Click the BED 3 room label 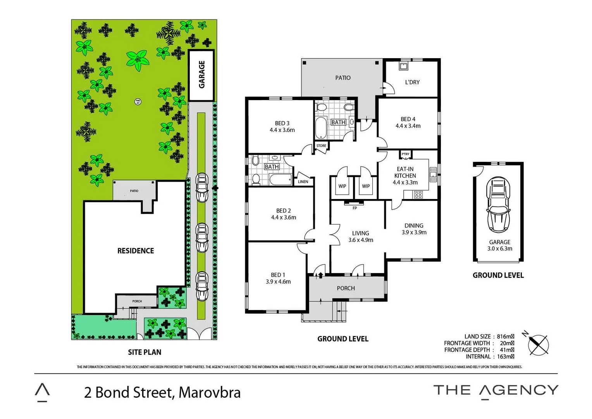coord(282,123)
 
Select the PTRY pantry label coord(405,154)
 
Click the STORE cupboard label coord(321,146)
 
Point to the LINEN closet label coord(303,182)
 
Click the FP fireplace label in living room coord(355,208)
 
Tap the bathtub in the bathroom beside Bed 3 coord(321,128)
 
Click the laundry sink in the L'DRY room coord(403,66)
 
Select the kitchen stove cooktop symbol coord(418,195)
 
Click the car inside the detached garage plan coord(498,204)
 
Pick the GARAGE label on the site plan coord(201,74)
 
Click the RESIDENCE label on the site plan coord(136,251)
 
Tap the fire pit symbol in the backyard coord(138,102)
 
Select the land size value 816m coord(505,336)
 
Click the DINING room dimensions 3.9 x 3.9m coord(414,232)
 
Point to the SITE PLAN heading coord(145,352)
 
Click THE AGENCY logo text coord(496,390)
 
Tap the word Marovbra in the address coord(210,393)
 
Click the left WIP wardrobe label coord(342,186)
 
